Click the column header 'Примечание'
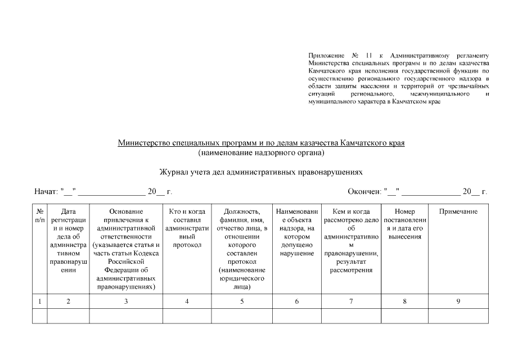tap(458, 211)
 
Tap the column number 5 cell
tap(242, 301)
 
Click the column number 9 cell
tap(458, 301)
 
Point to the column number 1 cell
tap(40, 301)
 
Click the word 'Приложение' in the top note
tap(326, 56)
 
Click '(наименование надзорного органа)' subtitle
tap(261, 153)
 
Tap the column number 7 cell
tap(352, 301)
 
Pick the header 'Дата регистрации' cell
tap(68, 241)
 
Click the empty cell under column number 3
tap(125, 316)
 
